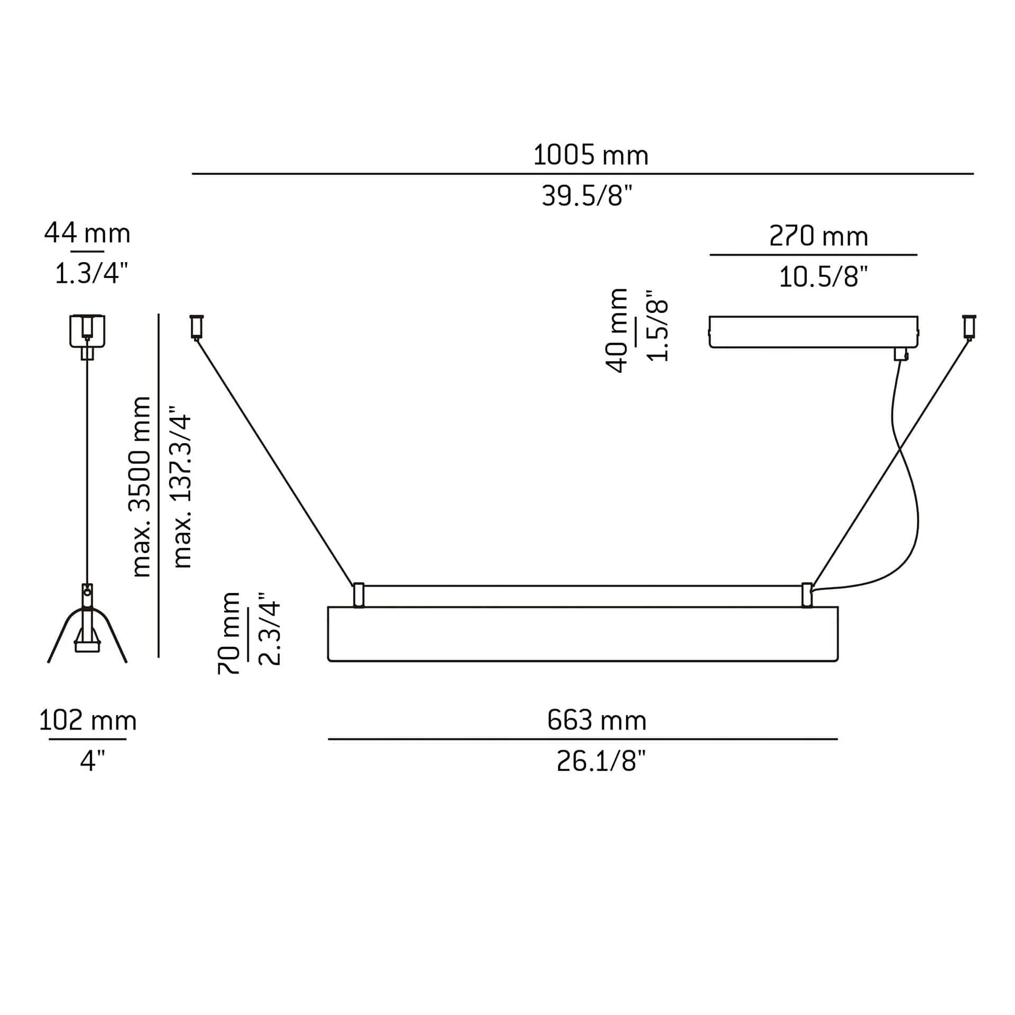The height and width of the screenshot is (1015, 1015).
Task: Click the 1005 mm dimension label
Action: [x=590, y=155]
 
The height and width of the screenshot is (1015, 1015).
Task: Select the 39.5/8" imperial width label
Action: [x=587, y=196]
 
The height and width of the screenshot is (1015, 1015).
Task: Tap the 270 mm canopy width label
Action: [x=818, y=236]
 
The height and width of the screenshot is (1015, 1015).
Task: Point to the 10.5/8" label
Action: [x=824, y=277]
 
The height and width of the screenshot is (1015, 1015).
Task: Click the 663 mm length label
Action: [x=597, y=721]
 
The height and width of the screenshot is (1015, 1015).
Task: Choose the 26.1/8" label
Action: [x=601, y=762]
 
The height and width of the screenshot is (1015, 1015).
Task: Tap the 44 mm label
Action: [x=87, y=233]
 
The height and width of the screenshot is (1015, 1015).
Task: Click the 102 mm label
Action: [x=88, y=721]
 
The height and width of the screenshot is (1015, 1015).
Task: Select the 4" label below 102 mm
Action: [x=93, y=761]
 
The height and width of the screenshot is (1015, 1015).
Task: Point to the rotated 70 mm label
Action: [x=229, y=633]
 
